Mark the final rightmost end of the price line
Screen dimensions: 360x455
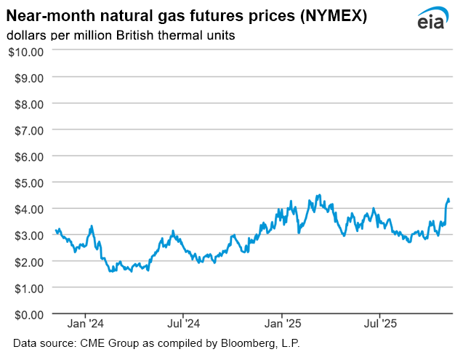click(449, 201)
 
